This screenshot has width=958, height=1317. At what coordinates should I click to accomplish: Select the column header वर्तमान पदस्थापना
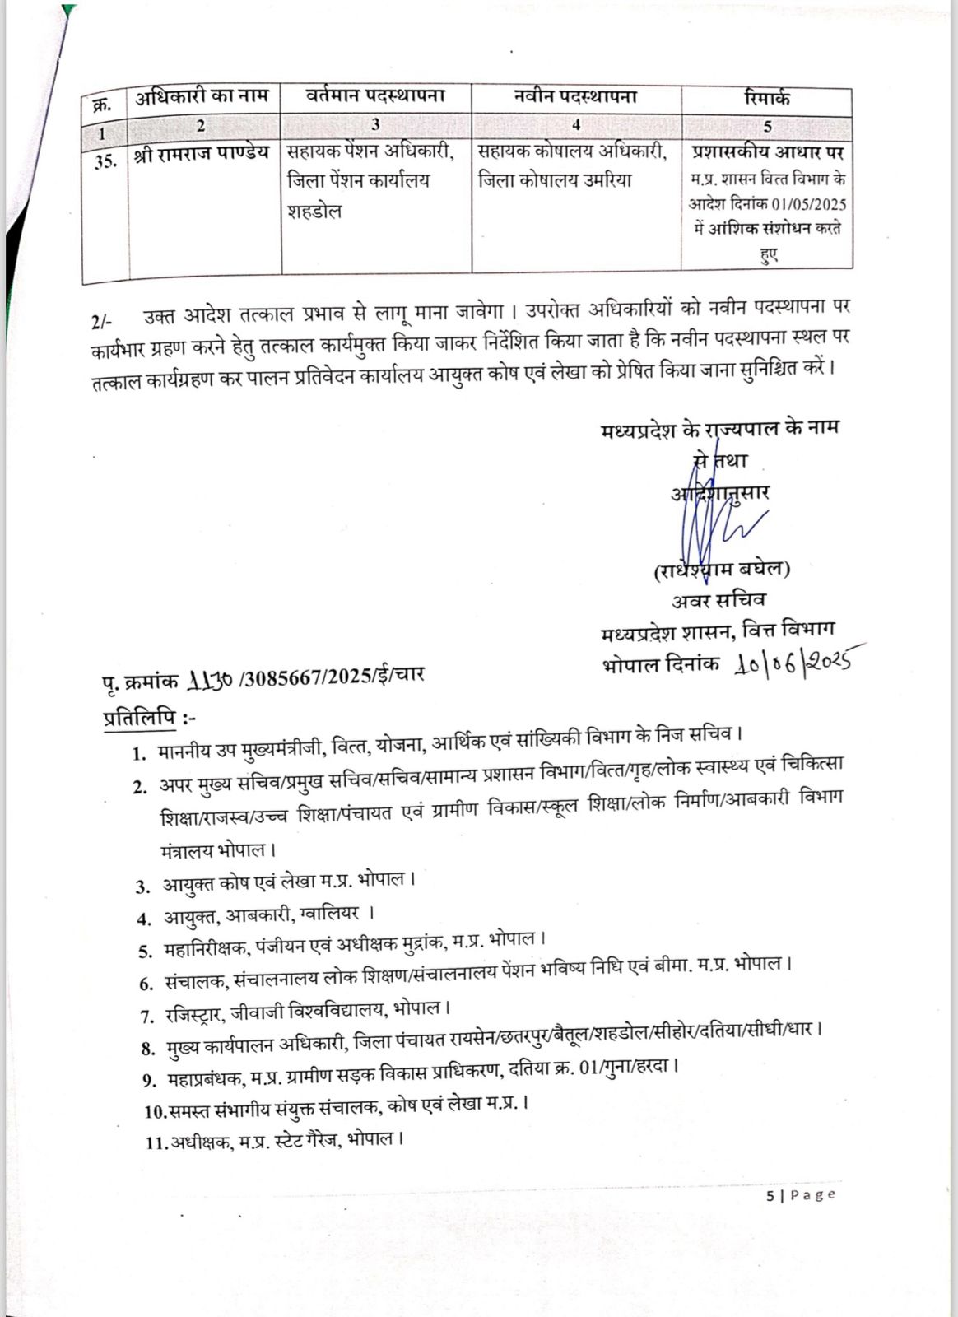tap(375, 96)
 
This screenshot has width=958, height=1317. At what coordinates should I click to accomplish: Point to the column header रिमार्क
tap(766, 98)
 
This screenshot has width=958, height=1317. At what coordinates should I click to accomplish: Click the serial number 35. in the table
tap(105, 161)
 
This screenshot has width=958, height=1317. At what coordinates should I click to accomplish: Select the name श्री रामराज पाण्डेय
tap(202, 154)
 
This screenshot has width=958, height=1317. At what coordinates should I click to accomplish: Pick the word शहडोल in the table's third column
tap(314, 212)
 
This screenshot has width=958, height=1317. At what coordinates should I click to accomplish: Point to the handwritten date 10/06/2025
tap(795, 661)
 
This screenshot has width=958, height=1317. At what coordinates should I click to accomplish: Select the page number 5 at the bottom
tap(770, 1196)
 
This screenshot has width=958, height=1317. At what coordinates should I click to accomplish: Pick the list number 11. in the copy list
tap(156, 1143)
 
